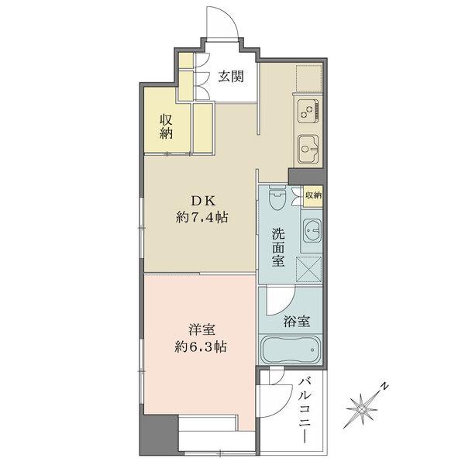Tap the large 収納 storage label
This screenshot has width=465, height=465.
166,126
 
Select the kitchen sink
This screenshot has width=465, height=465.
307,146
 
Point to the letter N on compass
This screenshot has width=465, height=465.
384,385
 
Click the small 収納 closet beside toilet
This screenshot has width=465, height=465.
313,196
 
